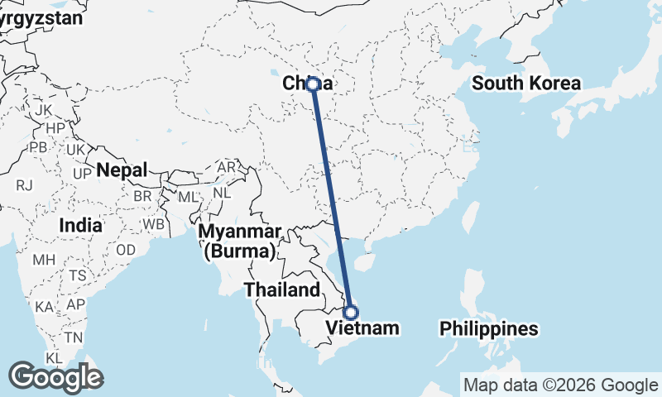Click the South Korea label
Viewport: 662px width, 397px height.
click(x=526, y=83)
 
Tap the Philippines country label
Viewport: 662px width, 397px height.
click(x=489, y=328)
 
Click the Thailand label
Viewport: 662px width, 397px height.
click(x=281, y=289)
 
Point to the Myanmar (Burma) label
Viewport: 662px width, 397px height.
click(x=241, y=240)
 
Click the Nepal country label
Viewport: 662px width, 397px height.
click(x=122, y=170)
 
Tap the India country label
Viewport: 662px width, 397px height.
click(x=81, y=225)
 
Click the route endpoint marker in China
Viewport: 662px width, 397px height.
click(x=314, y=84)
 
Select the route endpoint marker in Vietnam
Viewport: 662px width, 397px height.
click(x=351, y=313)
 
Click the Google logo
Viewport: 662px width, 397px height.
click(x=56, y=377)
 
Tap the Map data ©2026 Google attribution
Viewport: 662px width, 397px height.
click(x=559, y=385)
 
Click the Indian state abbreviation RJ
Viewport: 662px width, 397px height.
click(x=23, y=185)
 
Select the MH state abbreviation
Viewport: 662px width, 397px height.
click(x=44, y=260)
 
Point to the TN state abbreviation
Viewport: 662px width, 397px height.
click(x=74, y=337)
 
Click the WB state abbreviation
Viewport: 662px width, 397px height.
click(x=153, y=224)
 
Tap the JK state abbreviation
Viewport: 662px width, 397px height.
click(x=44, y=109)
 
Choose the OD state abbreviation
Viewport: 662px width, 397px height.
click(x=126, y=250)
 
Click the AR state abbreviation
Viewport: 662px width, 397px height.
click(x=226, y=167)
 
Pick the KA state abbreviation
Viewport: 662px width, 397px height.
click(x=45, y=307)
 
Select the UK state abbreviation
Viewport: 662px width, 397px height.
click(x=74, y=150)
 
